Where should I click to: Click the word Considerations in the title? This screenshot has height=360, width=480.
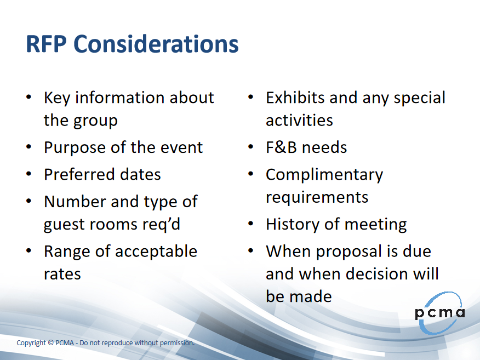coord(156,44)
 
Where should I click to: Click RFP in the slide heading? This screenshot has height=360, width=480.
coord(46,44)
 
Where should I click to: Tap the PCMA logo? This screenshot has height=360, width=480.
coord(440,313)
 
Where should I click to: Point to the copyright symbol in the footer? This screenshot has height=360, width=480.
coord(50,343)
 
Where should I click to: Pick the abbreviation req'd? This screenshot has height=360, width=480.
coord(161,225)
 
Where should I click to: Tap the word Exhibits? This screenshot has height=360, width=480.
coord(295,98)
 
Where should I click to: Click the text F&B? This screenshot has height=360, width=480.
coord(281,147)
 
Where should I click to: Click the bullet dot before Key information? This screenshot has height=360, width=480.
coord(29,97)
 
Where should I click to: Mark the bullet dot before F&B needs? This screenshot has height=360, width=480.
coord(251,147)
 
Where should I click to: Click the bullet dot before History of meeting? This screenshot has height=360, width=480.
coord(251,224)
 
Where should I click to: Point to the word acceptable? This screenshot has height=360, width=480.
coord(156,252)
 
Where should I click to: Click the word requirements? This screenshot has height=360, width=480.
coord(317,198)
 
